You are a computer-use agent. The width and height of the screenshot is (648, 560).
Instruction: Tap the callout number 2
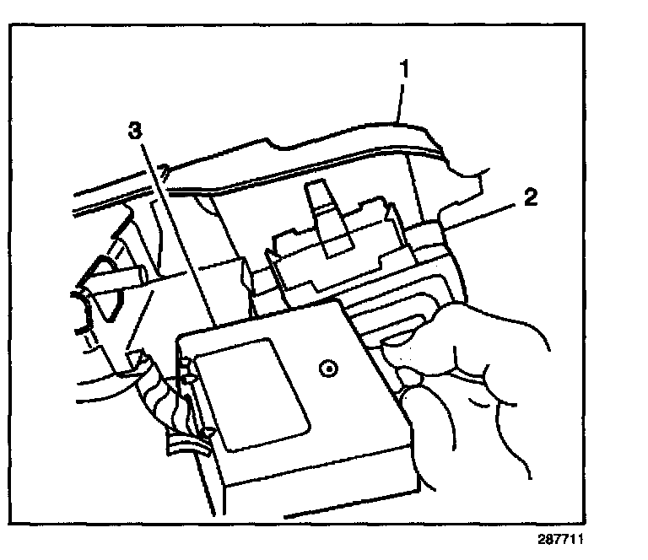click(528, 200)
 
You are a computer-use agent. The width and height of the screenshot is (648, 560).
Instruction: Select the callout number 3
click(137, 132)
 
